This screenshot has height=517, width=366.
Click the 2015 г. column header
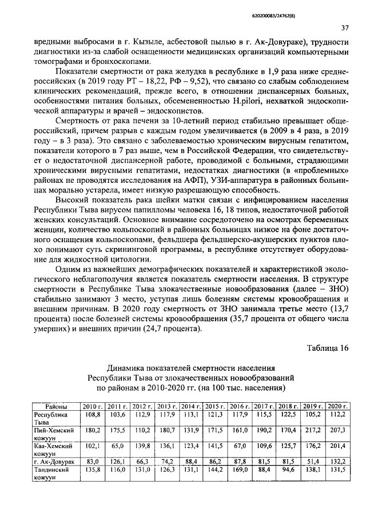pos(216,405)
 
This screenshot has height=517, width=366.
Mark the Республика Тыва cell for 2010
pos(93,413)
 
